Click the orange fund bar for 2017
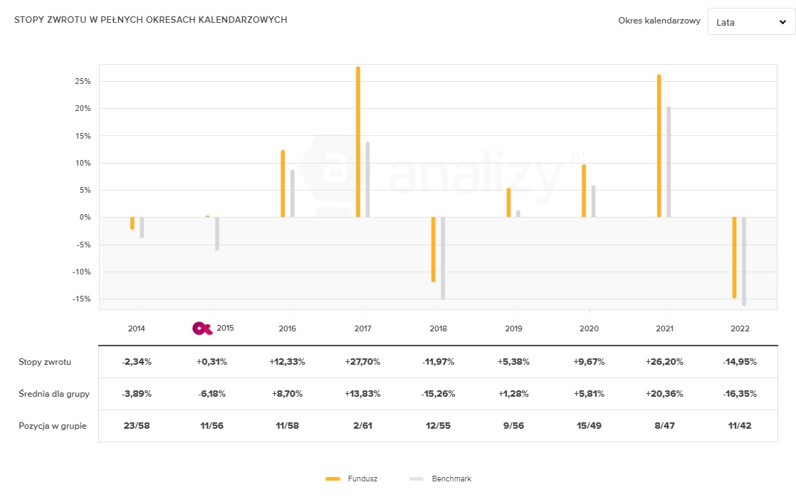click(358, 142)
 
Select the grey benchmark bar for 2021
click(669, 162)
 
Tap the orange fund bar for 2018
click(433, 249)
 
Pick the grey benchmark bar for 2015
click(217, 233)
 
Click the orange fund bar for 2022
click(734, 257)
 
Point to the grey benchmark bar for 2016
click(292, 193)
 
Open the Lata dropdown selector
click(750, 22)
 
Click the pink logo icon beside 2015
click(203, 328)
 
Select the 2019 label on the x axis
click(513, 329)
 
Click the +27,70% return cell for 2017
click(362, 362)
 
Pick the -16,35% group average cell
click(739, 394)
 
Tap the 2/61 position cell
click(362, 426)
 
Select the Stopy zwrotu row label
click(44, 362)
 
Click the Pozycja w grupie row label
click(52, 426)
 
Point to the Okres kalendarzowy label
click(659, 21)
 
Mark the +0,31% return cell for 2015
click(211, 362)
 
